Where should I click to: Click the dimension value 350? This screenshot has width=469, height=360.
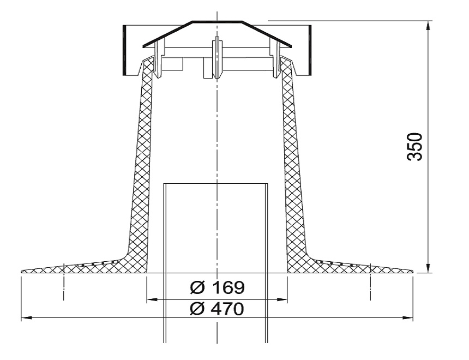point(416,147)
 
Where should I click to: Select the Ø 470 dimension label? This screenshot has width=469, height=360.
point(216,308)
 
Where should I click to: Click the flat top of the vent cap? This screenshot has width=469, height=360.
point(217,22)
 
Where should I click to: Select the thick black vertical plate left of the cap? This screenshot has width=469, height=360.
point(124,50)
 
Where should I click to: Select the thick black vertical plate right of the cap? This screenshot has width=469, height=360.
point(310,50)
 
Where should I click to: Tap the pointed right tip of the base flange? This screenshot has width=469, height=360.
point(412,271)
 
